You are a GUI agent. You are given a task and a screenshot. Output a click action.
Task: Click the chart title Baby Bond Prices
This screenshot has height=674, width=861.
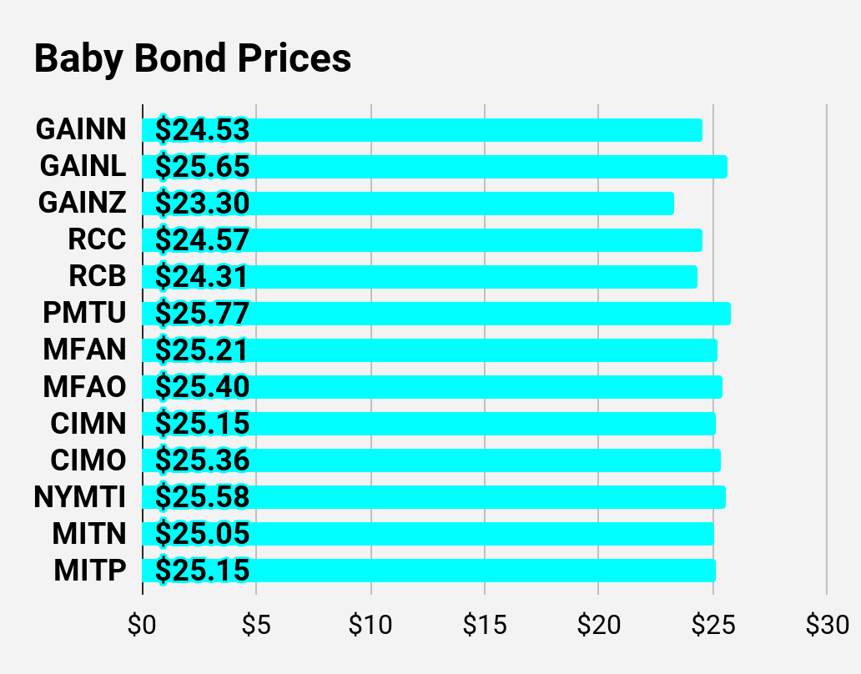click(193, 58)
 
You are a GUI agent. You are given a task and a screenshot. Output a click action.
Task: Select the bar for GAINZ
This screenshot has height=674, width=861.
click(408, 203)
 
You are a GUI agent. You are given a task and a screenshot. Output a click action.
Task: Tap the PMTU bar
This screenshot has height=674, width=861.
click(436, 314)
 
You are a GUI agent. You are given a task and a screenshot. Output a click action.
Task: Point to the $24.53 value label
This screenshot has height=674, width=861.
click(202, 130)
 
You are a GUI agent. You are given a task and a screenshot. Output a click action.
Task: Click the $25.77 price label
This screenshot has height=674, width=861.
click(202, 314)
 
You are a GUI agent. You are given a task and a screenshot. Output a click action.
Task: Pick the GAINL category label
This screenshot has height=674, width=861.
click(83, 166)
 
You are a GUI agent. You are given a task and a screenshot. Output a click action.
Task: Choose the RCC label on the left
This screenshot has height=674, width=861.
click(97, 239)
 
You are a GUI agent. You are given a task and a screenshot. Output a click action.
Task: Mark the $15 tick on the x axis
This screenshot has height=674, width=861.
click(485, 625)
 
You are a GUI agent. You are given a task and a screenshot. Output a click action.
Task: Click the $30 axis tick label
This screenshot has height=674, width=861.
click(828, 625)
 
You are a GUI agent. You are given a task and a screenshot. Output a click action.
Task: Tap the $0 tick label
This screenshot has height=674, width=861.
click(142, 625)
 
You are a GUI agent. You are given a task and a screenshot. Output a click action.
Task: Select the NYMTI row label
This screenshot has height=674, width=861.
click(80, 496)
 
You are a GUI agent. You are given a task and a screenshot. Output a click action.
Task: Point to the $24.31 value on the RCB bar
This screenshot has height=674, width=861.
click(201, 277)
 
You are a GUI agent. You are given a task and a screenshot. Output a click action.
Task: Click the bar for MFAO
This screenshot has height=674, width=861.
click(432, 387)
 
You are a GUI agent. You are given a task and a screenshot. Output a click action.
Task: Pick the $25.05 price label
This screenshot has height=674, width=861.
click(202, 534)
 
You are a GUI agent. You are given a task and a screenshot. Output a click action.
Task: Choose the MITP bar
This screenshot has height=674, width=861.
click(429, 571)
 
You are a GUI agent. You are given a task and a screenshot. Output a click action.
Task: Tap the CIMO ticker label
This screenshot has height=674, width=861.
click(88, 460)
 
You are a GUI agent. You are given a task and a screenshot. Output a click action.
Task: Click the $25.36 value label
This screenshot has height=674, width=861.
click(202, 460)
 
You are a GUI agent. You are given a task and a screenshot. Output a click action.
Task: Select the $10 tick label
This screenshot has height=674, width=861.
click(370, 625)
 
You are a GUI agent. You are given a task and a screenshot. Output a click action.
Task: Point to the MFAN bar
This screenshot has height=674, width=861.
click(430, 350)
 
